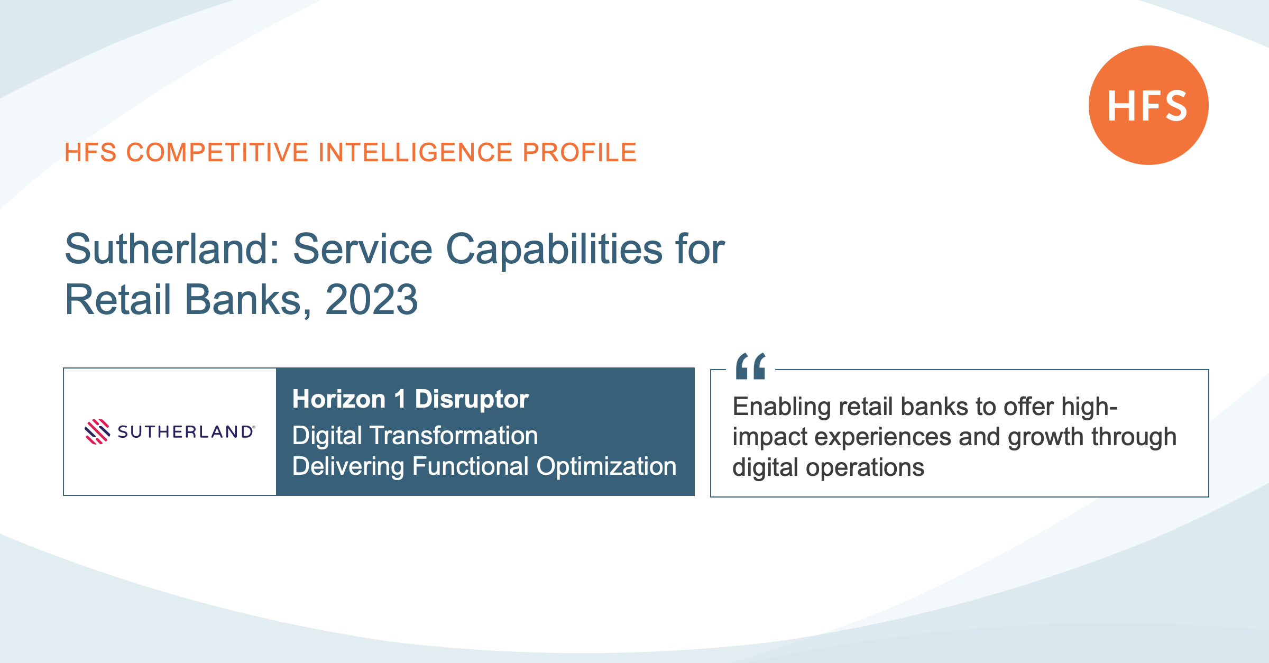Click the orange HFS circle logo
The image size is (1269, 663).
tap(1148, 105)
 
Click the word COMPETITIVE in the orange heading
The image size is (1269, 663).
tap(217, 153)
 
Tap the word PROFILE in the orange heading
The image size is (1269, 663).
tap(580, 153)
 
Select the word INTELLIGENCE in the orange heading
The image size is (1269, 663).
tap(416, 153)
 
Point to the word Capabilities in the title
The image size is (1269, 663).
tap(554, 250)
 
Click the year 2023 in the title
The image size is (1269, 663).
tap(372, 299)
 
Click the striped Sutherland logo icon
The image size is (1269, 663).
tap(97, 432)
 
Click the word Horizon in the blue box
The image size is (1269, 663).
tap(339, 399)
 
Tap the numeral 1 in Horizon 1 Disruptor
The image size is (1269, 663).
tap(400, 399)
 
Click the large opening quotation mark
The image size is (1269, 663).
tap(751, 366)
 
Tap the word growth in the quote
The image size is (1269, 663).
tap(1046, 438)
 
